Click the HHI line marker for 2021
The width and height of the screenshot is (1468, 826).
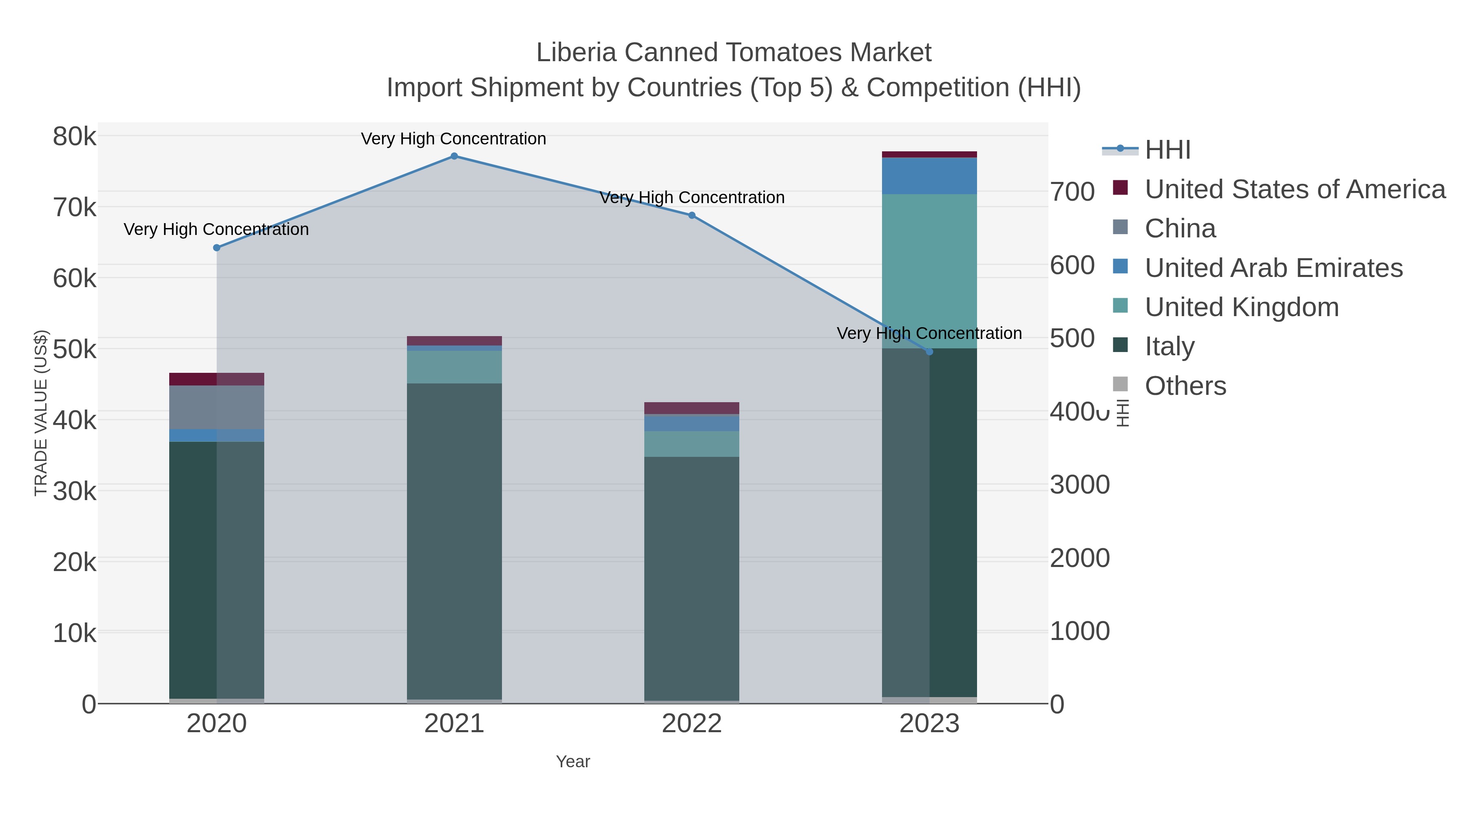pyautogui.click(x=453, y=156)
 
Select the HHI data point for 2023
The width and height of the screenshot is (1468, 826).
pyautogui.click(x=929, y=352)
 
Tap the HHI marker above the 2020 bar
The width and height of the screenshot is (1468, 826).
pyautogui.click(x=217, y=248)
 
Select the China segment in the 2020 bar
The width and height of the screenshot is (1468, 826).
pyautogui.click(x=217, y=407)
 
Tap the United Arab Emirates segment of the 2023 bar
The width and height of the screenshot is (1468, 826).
pyautogui.click(x=929, y=175)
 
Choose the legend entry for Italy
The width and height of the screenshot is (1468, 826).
pyautogui.click(x=1170, y=346)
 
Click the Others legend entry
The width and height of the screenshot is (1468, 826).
pyautogui.click(x=1185, y=385)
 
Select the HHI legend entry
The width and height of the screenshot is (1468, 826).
pyautogui.click(x=1167, y=149)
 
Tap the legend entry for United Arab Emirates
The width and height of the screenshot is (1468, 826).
pyautogui.click(x=1273, y=267)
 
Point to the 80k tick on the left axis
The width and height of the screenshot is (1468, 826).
pyautogui.click(x=75, y=137)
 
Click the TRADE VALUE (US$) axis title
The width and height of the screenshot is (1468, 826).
pyautogui.click(x=41, y=413)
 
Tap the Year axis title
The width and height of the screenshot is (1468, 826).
pyautogui.click(x=573, y=761)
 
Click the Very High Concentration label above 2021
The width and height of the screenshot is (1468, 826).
pyautogui.click(x=453, y=139)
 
